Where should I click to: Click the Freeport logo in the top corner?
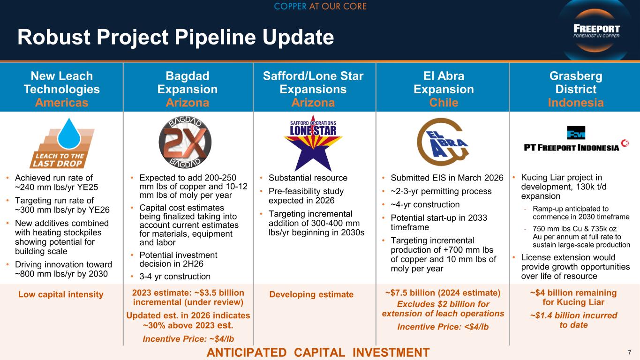click(596, 31)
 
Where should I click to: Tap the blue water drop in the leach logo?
click(69, 134)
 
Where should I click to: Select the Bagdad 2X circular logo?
click(185, 142)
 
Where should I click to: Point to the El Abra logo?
click(443, 142)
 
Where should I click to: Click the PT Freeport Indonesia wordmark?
click(572, 148)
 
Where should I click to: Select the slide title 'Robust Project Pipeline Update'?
click(176, 37)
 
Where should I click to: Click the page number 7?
click(629, 352)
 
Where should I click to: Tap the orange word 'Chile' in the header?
click(444, 103)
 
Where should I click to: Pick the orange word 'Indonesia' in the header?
click(576, 103)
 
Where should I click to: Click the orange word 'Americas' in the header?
click(62, 103)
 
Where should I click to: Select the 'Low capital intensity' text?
click(61, 294)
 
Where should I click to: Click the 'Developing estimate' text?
click(311, 294)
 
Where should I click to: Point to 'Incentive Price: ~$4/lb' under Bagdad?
click(188, 339)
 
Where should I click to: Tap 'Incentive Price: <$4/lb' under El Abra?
click(443, 327)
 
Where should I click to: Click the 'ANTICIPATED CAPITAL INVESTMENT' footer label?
click(318, 352)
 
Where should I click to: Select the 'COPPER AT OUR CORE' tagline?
click(320, 6)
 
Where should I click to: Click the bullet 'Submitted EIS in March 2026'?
click(447, 178)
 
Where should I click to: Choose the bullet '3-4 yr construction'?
click(175, 276)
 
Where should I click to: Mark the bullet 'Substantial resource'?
click(308, 178)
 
